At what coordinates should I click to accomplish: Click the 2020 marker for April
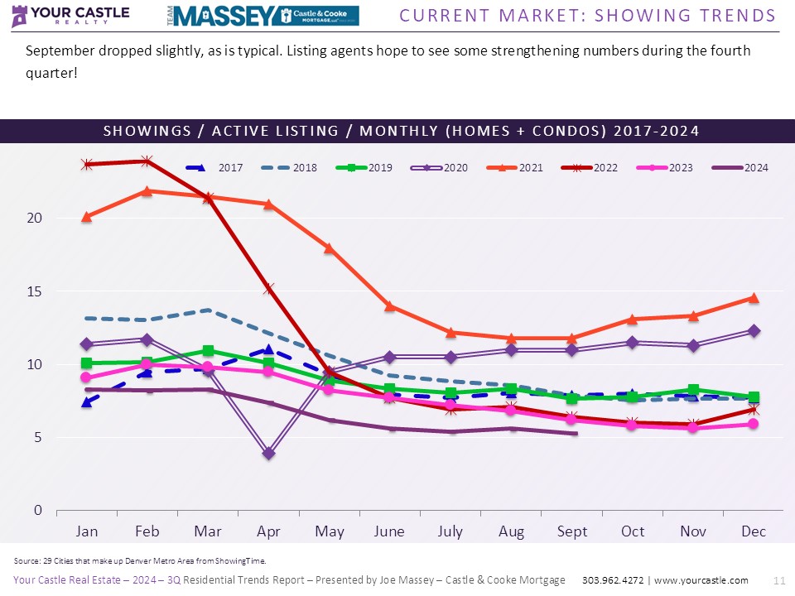pos(268,453)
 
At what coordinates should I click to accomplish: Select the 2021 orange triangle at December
pos(754,297)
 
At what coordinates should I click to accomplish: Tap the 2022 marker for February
pos(147,161)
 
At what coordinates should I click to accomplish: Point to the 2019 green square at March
pos(207,351)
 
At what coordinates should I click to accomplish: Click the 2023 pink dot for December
pos(754,424)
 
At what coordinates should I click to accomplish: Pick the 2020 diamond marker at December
pos(754,330)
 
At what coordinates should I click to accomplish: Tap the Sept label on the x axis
pos(571,531)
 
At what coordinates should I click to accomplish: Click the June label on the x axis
pos(389,531)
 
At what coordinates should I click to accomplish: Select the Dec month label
pos(754,531)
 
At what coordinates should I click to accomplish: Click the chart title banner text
pos(401,131)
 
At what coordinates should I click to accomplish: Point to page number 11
pos(778,580)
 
